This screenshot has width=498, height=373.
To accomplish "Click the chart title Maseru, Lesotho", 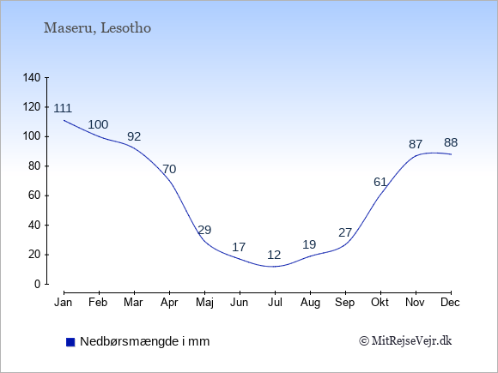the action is (x=97, y=28).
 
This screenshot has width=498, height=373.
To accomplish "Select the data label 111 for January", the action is (x=63, y=109).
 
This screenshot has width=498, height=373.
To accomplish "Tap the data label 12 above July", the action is (x=274, y=255).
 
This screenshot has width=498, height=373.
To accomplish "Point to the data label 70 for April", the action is (x=169, y=169).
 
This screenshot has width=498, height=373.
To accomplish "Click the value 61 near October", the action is (x=380, y=182).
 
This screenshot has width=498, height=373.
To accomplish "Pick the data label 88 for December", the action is (x=451, y=142).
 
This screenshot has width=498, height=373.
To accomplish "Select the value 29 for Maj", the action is (x=204, y=230).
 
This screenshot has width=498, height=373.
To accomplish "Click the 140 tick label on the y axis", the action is (x=32, y=78).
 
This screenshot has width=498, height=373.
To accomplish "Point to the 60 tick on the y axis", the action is (x=34, y=196).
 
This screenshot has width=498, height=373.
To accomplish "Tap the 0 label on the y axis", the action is (x=38, y=284).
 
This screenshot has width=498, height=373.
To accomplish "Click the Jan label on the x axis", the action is (x=64, y=303).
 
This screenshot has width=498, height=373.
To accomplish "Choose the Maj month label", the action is (x=204, y=303).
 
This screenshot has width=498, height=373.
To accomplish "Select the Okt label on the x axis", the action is (x=380, y=303).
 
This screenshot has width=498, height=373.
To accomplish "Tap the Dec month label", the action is (x=450, y=303).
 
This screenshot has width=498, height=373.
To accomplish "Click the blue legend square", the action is (x=70, y=342).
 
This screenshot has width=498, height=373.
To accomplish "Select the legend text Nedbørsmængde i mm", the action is (x=145, y=341).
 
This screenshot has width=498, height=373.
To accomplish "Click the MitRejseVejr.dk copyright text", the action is (x=405, y=341).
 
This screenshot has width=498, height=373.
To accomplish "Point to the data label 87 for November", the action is (x=416, y=145).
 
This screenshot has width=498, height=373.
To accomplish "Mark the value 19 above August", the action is (x=309, y=244).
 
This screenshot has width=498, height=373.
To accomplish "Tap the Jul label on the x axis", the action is (x=275, y=303).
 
